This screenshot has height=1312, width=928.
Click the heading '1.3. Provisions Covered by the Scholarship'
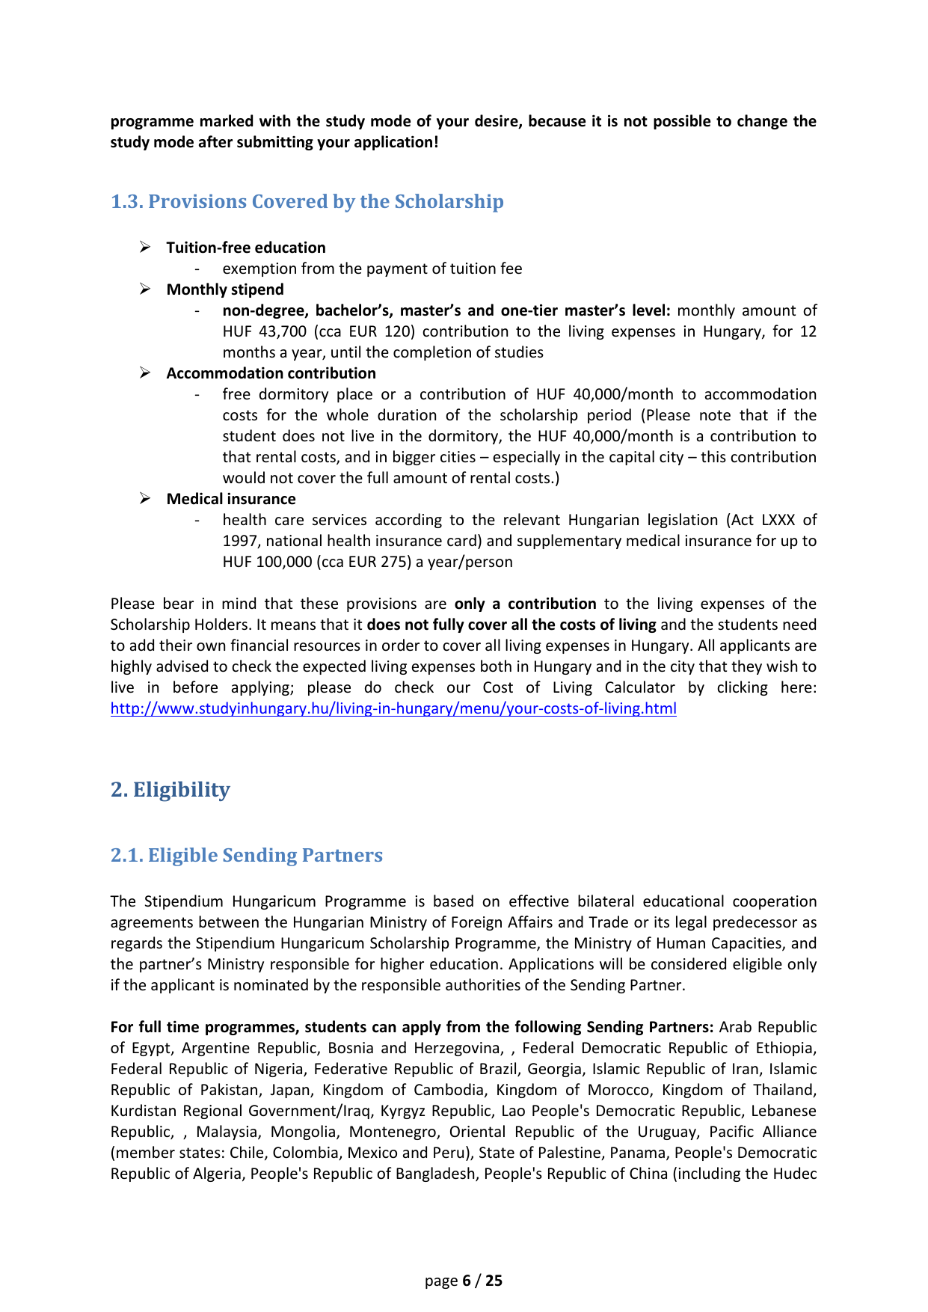click(307, 202)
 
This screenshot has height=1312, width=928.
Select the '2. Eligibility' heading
click(170, 790)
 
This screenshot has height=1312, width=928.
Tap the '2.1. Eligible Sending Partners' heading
click(247, 856)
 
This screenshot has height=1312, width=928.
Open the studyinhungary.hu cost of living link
click(393, 708)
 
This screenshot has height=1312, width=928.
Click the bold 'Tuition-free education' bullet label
click(246, 248)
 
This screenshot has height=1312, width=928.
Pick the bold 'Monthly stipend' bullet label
click(225, 289)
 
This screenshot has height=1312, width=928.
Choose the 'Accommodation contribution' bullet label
click(271, 373)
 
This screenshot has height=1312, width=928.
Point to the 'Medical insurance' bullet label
click(231, 499)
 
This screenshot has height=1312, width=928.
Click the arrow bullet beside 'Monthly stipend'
click(146, 289)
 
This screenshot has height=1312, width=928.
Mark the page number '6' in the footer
click(467, 1281)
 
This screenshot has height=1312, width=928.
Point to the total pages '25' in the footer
click(494, 1281)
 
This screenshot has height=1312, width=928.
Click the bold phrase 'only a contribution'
click(525, 604)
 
